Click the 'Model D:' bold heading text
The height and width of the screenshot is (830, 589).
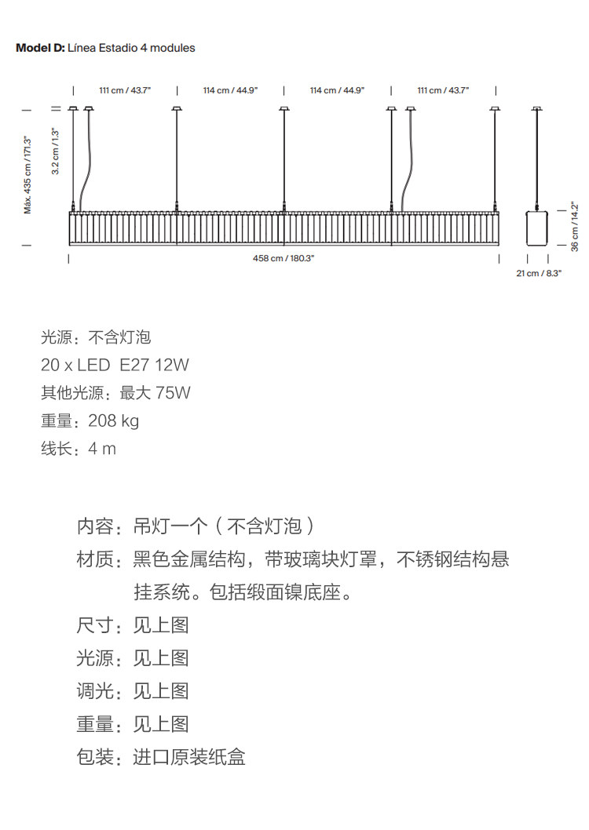[40, 48]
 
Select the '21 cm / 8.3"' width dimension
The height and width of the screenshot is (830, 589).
[539, 273]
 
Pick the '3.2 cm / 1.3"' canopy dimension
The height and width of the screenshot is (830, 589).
[55, 151]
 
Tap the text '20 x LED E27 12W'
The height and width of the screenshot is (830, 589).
[115, 365]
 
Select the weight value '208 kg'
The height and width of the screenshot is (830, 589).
[113, 420]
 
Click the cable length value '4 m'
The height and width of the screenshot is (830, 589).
[102, 449]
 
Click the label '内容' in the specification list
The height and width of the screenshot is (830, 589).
[95, 526]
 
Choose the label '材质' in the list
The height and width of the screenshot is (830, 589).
[95, 559]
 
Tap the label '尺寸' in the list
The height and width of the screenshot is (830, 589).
[95, 625]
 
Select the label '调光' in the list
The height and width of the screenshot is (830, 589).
[95, 691]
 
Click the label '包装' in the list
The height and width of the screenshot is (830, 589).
[95, 757]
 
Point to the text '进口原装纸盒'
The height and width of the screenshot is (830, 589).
[188, 757]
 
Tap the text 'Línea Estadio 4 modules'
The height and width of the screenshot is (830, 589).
[132, 48]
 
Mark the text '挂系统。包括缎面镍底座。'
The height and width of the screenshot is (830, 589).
[242, 592]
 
